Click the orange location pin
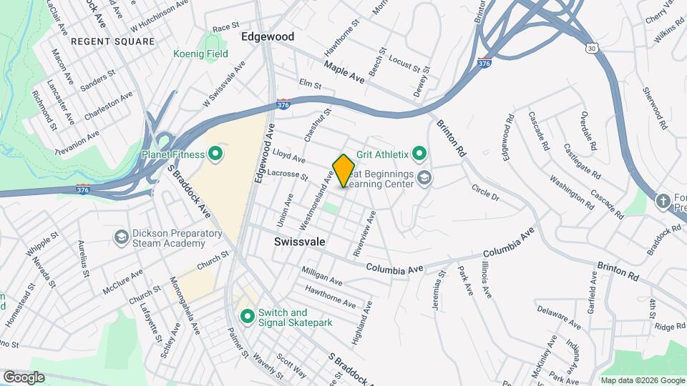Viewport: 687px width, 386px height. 344,170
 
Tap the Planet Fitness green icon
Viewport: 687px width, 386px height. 214,154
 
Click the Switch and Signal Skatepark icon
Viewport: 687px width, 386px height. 248,315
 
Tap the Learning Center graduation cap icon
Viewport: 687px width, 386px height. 425,178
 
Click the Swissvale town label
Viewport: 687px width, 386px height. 300,242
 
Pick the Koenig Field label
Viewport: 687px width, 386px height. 200,54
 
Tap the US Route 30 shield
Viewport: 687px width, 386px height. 590,48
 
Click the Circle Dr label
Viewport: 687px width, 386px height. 484,192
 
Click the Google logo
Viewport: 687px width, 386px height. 24,377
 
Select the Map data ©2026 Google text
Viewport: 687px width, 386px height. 641,380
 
